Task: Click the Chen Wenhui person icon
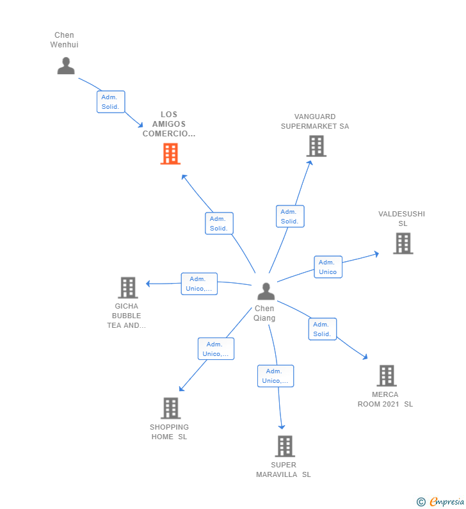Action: (66, 66)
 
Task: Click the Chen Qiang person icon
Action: (266, 291)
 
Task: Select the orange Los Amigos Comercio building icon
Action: (170, 154)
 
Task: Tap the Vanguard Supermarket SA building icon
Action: (316, 146)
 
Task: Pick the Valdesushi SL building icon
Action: (403, 243)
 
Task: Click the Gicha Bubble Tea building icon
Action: (128, 287)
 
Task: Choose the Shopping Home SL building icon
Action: (170, 408)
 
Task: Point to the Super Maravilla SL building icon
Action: (284, 446)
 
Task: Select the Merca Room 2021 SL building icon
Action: (386, 375)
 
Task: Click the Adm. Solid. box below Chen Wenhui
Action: (111, 102)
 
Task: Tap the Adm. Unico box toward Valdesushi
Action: (328, 267)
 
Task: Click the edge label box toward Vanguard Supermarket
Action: (290, 216)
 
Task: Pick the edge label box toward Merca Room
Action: (322, 329)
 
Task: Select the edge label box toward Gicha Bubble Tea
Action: (199, 284)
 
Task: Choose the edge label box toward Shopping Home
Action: (216, 349)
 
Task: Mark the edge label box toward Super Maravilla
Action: (275, 376)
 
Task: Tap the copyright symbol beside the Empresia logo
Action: (421, 502)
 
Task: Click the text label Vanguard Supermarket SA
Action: (315, 122)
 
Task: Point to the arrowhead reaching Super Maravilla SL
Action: (281, 427)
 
